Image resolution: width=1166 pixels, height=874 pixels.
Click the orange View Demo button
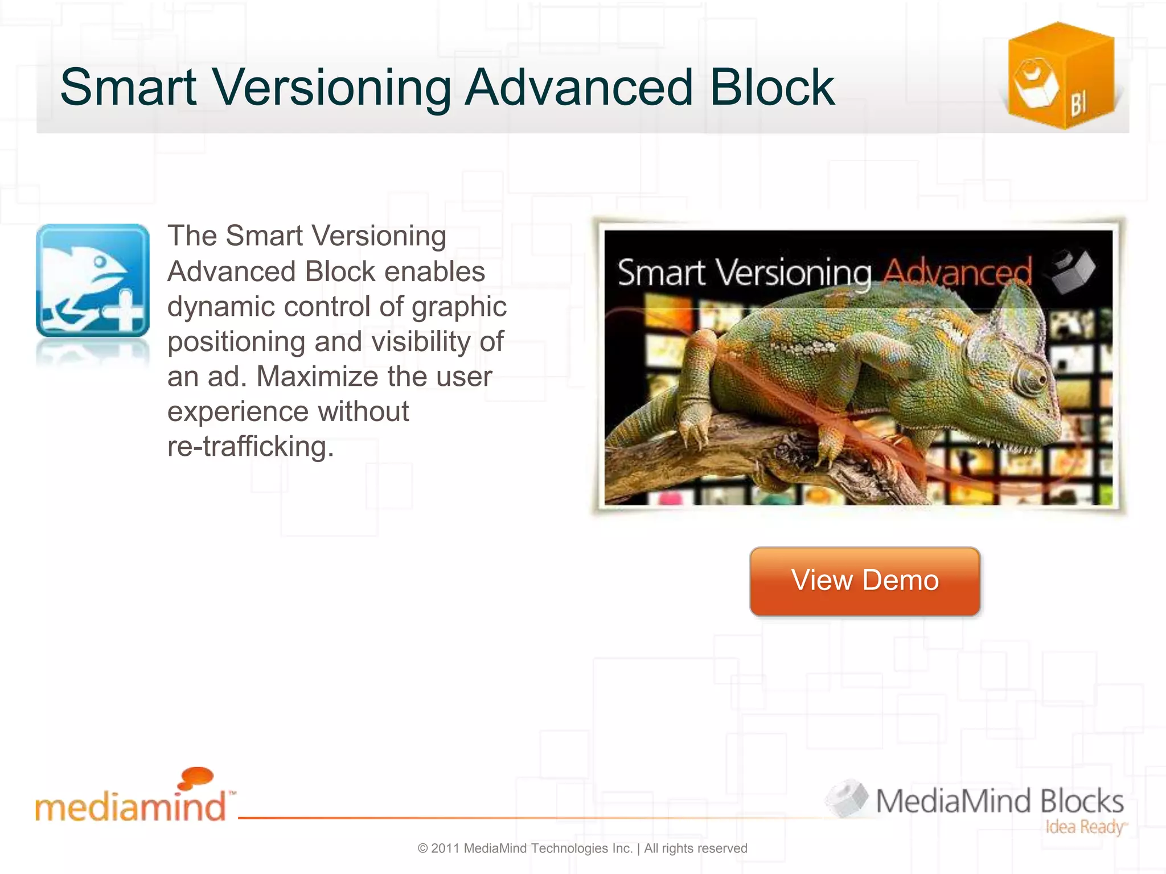point(865,581)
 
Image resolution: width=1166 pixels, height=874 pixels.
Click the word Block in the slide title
point(772,88)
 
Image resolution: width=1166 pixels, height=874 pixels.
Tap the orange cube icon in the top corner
point(1061,76)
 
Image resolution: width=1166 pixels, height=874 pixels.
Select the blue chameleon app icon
point(93,280)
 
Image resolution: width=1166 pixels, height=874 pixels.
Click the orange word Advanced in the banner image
point(957,272)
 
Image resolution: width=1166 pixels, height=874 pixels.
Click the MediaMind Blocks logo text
point(999,801)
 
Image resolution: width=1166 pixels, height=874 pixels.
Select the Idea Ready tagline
point(1085,827)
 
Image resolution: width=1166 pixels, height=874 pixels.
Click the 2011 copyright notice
point(582,848)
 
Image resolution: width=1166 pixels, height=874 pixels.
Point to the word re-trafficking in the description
point(251,447)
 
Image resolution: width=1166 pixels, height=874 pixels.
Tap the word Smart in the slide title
point(129,88)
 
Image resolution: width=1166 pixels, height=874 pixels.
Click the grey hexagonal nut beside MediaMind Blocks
point(847,798)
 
